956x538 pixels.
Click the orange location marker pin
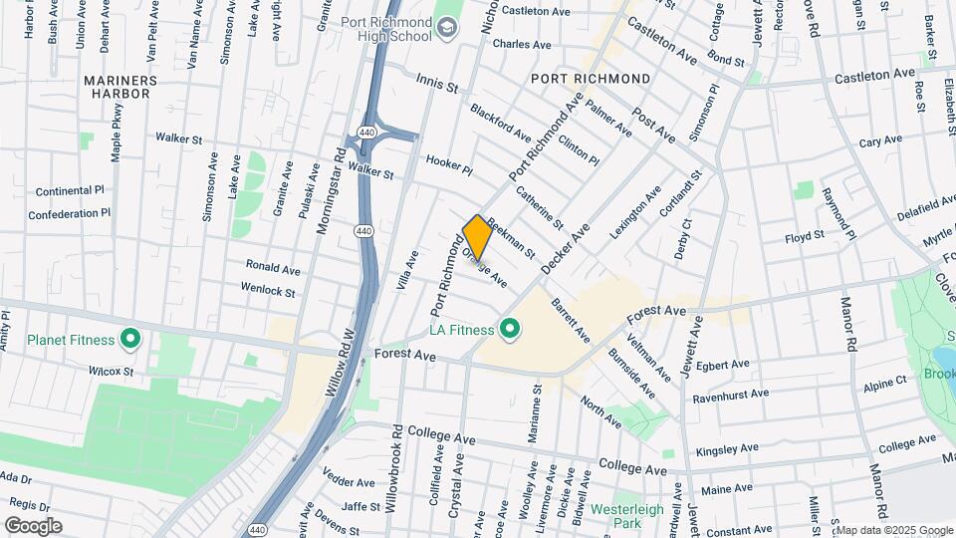(477, 237)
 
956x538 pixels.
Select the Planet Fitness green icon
(129, 340)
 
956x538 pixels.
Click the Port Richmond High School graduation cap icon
(447, 27)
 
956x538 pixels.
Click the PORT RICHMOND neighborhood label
(591, 78)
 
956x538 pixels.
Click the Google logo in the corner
(33, 525)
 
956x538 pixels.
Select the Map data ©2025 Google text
(893, 530)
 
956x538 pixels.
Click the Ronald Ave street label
(274, 269)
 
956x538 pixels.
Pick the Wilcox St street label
(111, 371)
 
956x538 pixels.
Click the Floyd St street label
(805, 236)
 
